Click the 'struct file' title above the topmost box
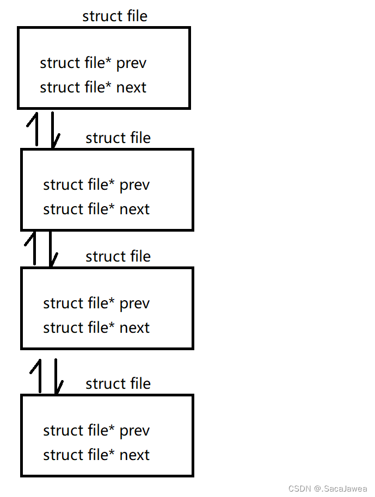click(115, 16)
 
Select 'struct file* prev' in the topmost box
click(93, 63)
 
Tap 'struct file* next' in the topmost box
click(93, 87)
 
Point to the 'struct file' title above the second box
click(118, 138)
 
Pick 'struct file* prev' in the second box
click(96, 185)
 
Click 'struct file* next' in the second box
click(96, 209)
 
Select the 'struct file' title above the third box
click(118, 256)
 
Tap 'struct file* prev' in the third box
click(96, 303)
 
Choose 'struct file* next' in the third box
click(96, 328)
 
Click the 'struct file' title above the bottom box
click(118, 384)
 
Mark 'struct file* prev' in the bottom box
click(96, 431)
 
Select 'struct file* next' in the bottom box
click(96, 455)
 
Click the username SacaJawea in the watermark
click(345, 489)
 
